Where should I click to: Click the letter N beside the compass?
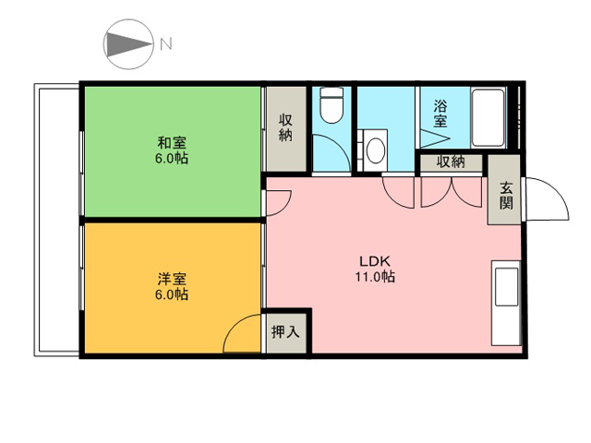(166, 44)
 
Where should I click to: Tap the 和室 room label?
(172, 143)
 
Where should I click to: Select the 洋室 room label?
(172, 279)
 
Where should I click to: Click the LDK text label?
(375, 261)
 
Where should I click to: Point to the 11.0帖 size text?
(375, 277)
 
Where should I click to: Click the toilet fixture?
(332, 104)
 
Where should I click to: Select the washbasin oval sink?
(376, 150)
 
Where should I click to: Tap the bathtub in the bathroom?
(488, 117)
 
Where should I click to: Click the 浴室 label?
(440, 114)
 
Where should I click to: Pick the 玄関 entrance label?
(506, 196)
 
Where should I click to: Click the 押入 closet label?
(285, 332)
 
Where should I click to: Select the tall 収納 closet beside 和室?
(285, 129)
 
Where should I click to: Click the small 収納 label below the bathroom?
(451, 162)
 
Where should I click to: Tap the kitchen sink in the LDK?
(506, 287)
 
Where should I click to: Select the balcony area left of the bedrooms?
(57, 220)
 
